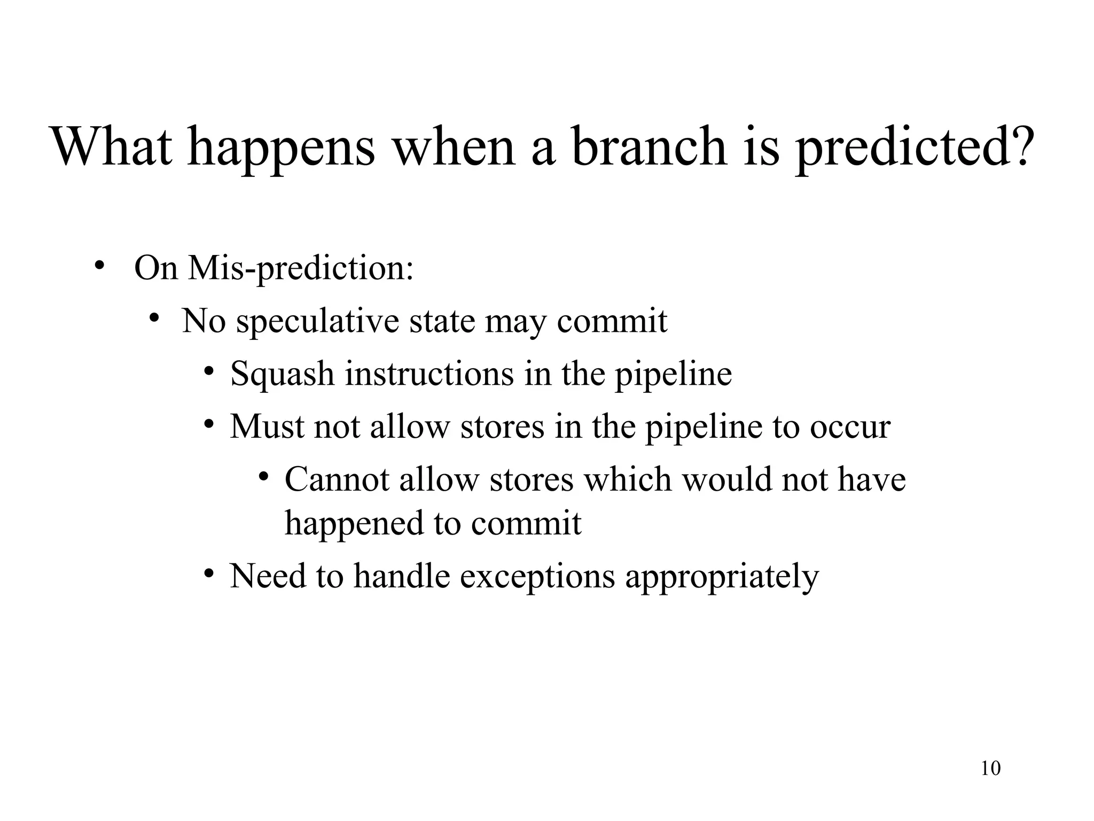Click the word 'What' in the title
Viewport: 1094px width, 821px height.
(112, 146)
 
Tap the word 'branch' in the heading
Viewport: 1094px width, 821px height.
(648, 146)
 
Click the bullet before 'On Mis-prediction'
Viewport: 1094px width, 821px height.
(98, 266)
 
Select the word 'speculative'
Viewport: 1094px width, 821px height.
(318, 322)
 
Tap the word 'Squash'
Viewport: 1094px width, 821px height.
(282, 374)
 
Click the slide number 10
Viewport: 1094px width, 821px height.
(990, 769)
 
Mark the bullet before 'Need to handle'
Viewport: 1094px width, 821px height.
(209, 574)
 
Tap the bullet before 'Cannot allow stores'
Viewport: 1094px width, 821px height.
(263, 476)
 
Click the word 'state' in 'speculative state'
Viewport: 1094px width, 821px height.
(441, 322)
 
